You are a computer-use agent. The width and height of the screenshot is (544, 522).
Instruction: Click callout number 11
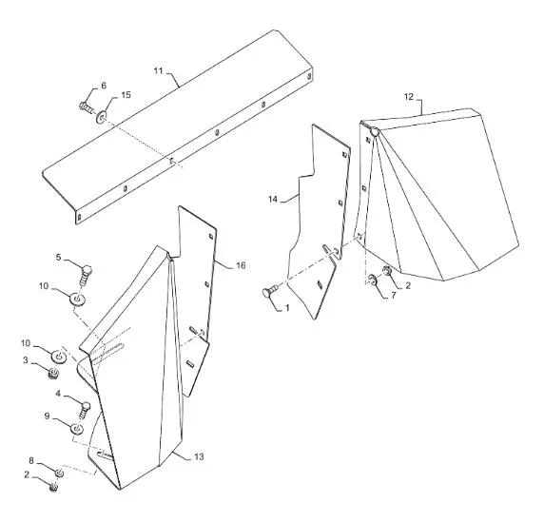(x=158, y=71)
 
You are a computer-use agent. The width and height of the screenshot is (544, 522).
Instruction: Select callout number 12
(x=409, y=97)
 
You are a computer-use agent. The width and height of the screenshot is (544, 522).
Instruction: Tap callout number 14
(x=273, y=199)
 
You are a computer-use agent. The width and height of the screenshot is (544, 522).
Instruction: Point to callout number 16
(x=241, y=265)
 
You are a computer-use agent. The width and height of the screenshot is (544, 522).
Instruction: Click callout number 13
(x=199, y=456)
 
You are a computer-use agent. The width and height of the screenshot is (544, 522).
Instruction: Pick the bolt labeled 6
(x=87, y=106)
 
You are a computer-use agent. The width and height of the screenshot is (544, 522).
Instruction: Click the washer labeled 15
(x=102, y=116)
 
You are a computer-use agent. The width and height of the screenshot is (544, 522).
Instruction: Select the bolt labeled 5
(x=85, y=275)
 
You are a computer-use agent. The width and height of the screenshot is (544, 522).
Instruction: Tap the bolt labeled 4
(x=84, y=410)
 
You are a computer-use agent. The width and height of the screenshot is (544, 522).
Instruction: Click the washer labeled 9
(x=77, y=429)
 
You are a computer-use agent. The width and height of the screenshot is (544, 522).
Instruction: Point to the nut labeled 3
(x=53, y=374)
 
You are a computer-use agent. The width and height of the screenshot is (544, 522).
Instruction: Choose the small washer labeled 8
(x=59, y=473)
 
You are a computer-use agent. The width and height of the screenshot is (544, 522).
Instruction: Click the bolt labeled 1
(x=271, y=291)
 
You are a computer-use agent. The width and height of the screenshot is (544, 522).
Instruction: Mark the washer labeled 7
(x=373, y=280)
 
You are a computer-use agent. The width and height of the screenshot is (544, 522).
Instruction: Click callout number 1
(x=287, y=308)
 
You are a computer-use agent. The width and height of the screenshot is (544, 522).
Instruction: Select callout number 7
(x=393, y=296)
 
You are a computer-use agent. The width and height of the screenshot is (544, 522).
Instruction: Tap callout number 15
(x=126, y=95)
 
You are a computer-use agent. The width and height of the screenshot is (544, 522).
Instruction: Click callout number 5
(x=58, y=257)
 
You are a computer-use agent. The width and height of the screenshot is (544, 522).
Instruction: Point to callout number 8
(x=31, y=460)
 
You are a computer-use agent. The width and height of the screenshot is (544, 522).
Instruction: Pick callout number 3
(x=26, y=360)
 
